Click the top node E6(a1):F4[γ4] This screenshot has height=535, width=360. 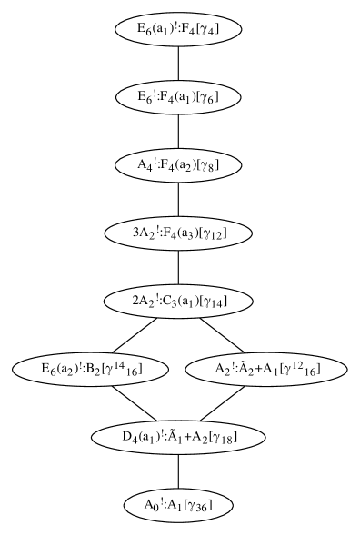tap(178, 28)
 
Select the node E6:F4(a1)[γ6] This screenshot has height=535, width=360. tap(178, 96)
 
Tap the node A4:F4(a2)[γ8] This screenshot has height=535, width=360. tap(178, 164)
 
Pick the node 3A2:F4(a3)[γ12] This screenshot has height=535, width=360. tap(178, 233)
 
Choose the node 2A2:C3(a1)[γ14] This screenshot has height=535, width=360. tap(178, 301)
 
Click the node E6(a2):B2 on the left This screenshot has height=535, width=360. tap(92, 369)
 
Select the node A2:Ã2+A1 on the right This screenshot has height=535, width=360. tap(265, 369)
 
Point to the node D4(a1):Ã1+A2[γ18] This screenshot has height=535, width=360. tap(178, 437)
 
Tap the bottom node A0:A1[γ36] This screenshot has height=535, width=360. tap(178, 504)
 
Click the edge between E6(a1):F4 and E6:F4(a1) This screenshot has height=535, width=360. tap(178, 63)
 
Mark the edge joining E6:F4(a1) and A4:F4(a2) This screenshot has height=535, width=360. tap(178, 131)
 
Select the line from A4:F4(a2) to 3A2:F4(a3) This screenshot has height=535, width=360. tap(178, 199)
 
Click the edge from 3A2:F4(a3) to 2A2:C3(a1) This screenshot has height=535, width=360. tap(178, 267)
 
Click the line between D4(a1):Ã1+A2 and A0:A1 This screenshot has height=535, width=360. tap(178, 471)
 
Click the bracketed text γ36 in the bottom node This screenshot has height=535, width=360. tap(199, 505)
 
